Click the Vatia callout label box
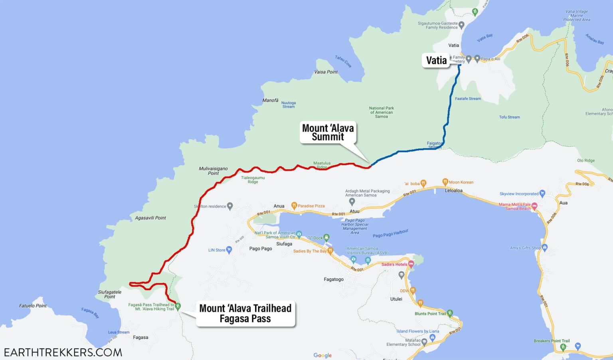click(x=436, y=60)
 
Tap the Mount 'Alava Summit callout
click(x=328, y=133)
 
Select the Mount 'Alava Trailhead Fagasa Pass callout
click(x=245, y=313)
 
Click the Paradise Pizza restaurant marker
click(x=294, y=206)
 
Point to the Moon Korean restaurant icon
click(x=445, y=182)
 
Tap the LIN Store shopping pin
click(x=229, y=250)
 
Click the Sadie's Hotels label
click(x=394, y=264)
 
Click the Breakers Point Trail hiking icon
click(x=563, y=347)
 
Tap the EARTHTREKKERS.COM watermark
click(x=63, y=352)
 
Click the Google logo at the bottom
click(x=322, y=355)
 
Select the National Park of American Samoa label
click(x=381, y=112)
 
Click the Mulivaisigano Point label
click(x=213, y=171)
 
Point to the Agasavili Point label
click(x=150, y=218)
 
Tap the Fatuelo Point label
click(x=33, y=306)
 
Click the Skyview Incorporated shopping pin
click(x=542, y=194)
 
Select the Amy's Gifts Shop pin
click(x=545, y=247)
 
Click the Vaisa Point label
click(x=326, y=72)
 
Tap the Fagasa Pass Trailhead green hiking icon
click(x=178, y=306)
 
